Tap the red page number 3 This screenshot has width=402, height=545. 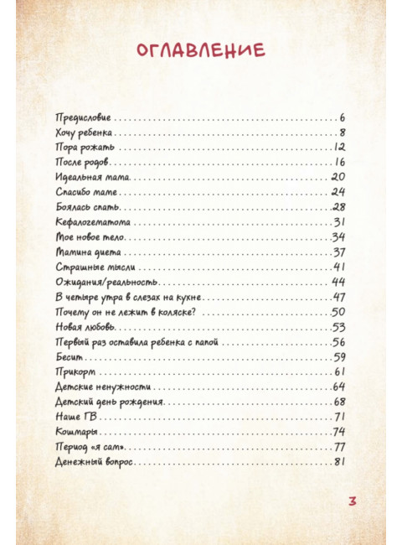click(353, 501)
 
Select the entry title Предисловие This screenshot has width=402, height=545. click(82, 117)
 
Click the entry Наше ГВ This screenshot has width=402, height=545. click(70, 417)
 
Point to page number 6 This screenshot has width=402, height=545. click(343, 117)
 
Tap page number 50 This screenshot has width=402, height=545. click(338, 312)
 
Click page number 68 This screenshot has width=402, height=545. click(338, 402)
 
